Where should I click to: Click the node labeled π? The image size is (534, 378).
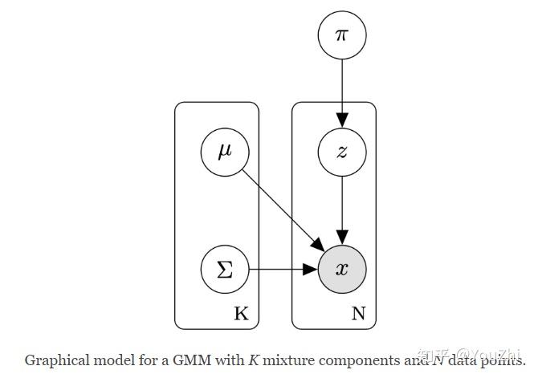342,35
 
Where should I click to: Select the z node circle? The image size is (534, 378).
342,152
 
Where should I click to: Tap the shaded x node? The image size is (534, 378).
342,268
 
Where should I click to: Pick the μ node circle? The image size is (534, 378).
225,152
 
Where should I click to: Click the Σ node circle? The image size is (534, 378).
225,268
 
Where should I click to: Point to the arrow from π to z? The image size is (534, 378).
342,88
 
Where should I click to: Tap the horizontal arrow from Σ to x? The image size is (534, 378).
281,268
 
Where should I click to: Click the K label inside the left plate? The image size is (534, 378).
242,314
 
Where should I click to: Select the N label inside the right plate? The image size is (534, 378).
358,314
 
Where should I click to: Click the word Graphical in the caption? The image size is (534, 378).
53,360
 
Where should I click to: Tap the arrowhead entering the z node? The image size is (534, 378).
342,120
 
